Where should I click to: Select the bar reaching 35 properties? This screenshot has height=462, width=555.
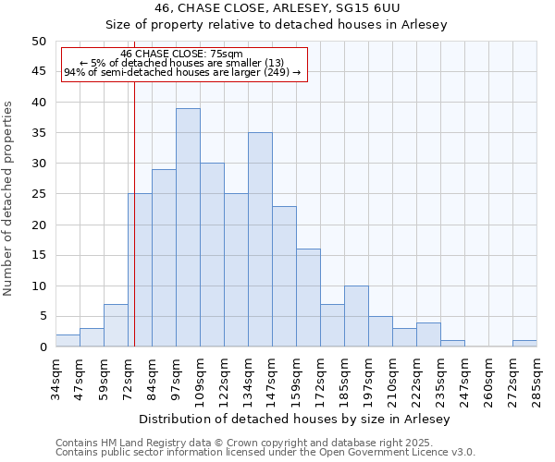260,239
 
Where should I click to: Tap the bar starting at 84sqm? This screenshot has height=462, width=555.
164,258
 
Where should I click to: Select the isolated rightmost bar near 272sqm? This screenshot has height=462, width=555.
524,344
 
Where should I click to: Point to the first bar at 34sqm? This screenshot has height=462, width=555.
68,341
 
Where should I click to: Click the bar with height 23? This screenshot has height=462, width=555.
284,276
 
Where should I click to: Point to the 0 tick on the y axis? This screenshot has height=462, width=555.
42,347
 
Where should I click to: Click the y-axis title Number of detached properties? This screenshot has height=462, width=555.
8,199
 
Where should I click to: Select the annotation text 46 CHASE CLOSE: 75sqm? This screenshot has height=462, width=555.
182,54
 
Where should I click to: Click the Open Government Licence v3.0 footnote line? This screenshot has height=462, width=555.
265,453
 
